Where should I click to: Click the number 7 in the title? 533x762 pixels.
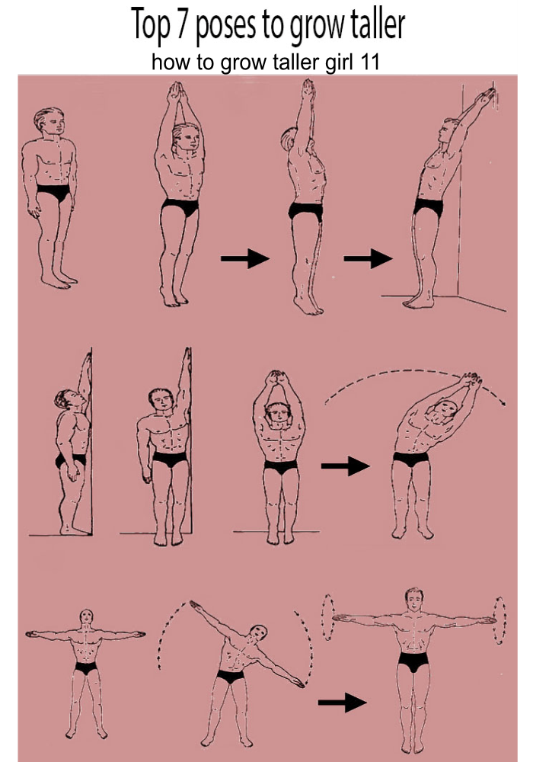point(181,24)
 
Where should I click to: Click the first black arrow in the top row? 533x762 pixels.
point(244,258)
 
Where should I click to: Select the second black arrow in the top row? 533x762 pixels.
point(368,258)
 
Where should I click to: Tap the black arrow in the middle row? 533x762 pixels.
point(345,466)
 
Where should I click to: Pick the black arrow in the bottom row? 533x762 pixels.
point(342,703)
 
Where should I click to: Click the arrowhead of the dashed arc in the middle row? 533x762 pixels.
point(503,402)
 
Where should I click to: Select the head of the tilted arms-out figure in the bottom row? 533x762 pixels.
point(259,632)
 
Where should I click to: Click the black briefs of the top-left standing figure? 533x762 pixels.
point(53,192)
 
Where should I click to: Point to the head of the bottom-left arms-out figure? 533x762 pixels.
point(86,618)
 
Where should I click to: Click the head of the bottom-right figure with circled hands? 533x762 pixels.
point(414,599)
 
